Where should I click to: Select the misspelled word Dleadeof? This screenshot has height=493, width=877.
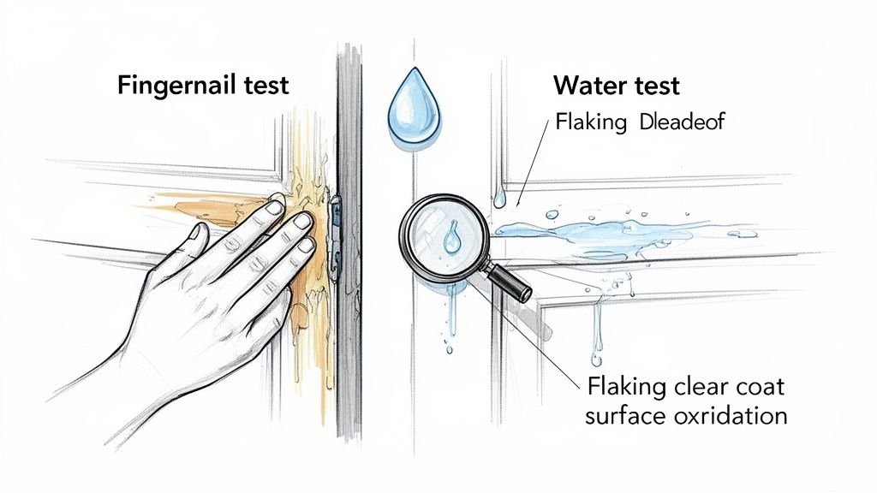pos(682,122)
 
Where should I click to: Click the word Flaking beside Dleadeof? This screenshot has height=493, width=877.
pos(591,122)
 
